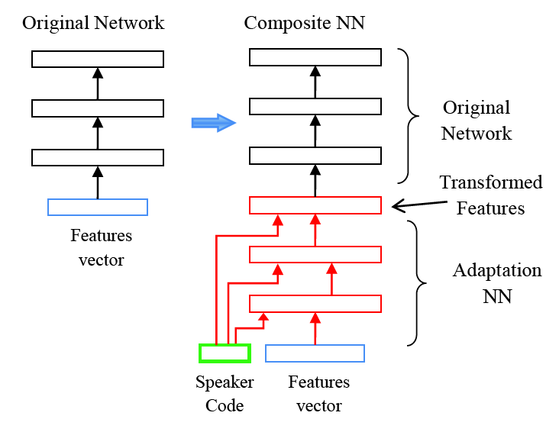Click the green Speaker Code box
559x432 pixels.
click(225, 353)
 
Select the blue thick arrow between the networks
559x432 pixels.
click(213, 122)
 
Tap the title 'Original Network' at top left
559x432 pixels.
click(93, 23)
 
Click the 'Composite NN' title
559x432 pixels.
click(304, 23)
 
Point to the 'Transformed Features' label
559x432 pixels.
click(490, 195)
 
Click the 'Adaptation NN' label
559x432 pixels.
click(496, 283)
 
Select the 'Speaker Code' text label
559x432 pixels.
click(225, 393)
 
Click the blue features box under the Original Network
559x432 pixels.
click(98, 207)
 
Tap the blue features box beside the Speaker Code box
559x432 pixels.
click(315, 353)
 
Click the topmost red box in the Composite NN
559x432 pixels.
click(315, 205)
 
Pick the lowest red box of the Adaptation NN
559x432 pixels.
click(315, 304)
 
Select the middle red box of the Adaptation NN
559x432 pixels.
click(315, 255)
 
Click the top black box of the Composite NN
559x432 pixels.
click(315, 57)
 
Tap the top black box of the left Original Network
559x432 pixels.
click(98, 59)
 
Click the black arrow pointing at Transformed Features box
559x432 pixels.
click(418, 203)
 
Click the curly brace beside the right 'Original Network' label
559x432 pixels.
click(412, 116)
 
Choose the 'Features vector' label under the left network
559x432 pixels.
click(102, 247)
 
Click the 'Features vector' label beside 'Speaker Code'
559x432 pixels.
click(319, 393)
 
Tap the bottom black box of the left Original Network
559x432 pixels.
click(98, 157)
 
